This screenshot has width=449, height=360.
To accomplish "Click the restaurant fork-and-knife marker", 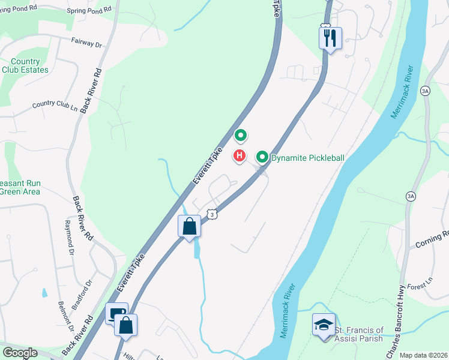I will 330,38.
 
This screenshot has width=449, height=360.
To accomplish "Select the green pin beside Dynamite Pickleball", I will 262,157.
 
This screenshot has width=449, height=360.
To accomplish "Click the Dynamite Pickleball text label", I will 308,158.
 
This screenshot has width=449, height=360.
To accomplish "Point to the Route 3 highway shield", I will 211,214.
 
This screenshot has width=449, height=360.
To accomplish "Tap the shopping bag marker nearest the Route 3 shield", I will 190,227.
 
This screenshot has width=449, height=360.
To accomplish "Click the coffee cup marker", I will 115,313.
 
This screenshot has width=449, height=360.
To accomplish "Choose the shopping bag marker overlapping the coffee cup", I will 126,326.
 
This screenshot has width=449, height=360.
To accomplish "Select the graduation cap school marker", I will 324,325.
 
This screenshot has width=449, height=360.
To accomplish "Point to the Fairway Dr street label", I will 87,43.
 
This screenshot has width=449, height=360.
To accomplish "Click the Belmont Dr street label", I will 65,317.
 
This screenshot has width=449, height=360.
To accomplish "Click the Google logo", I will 20,353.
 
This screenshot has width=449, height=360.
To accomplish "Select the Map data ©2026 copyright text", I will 424,355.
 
